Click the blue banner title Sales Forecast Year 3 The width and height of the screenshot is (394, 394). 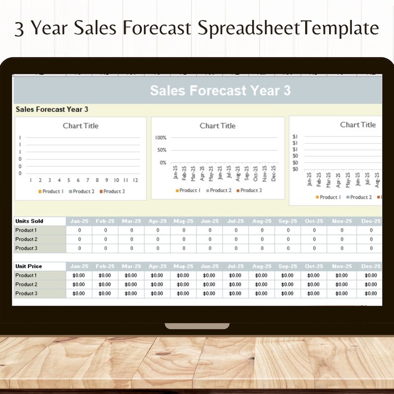[220, 90]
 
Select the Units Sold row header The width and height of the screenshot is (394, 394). [29, 221]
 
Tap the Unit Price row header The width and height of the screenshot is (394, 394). [29, 266]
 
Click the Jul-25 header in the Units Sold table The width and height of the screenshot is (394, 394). [236, 221]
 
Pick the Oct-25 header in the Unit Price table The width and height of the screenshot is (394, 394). [314, 266]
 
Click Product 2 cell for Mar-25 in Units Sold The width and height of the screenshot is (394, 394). [131, 240]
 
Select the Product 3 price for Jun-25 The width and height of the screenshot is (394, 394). [209, 294]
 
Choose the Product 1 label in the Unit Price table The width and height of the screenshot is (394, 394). [26, 275]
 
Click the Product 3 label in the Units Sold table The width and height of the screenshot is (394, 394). [26, 249]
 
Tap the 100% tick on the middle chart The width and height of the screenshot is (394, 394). [161, 137]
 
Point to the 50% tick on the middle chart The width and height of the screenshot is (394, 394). [162, 150]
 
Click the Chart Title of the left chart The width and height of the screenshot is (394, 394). [80, 126]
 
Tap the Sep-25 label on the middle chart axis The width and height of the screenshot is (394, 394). [247, 174]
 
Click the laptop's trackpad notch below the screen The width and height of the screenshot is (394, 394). [197, 326]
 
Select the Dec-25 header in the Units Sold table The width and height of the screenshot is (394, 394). [371, 221]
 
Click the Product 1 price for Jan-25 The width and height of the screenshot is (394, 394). [79, 275]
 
